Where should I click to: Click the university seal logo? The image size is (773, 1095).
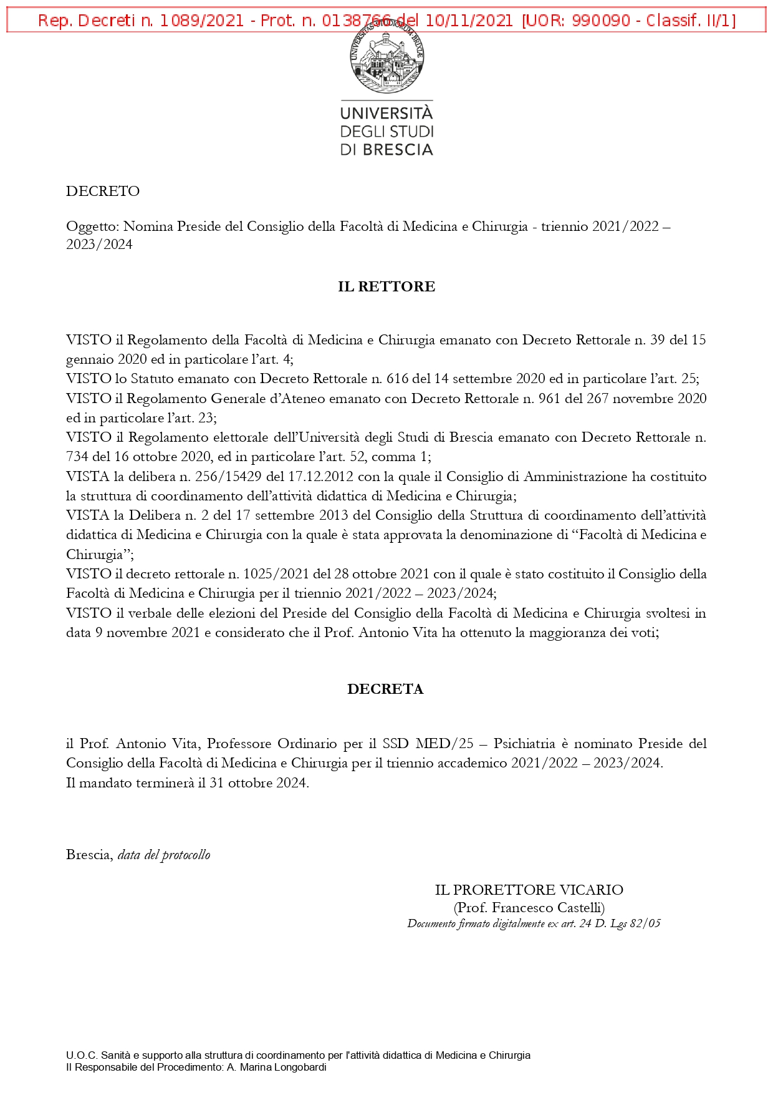pyautogui.click(x=386, y=57)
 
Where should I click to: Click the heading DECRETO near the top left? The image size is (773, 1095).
pyautogui.click(x=103, y=191)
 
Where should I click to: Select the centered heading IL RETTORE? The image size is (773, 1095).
pyautogui.click(x=386, y=286)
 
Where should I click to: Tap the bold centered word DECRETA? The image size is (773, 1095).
pyautogui.click(x=385, y=689)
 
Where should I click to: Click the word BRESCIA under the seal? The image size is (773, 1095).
pyautogui.click(x=398, y=150)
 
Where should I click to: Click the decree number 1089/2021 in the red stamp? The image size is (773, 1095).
pyautogui.click(x=201, y=21)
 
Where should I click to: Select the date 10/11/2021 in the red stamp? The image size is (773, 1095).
pyautogui.click(x=469, y=21)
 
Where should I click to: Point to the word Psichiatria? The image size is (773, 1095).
pyautogui.click(x=524, y=744)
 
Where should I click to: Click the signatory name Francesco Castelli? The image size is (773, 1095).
pyautogui.click(x=547, y=908)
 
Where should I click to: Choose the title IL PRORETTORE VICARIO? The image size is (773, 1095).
pyautogui.click(x=529, y=890)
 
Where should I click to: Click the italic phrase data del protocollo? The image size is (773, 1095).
pyautogui.click(x=164, y=855)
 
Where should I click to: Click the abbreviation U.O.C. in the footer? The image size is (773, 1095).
pyautogui.click(x=82, y=1055)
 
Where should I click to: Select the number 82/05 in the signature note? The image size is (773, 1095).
pyautogui.click(x=645, y=923)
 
